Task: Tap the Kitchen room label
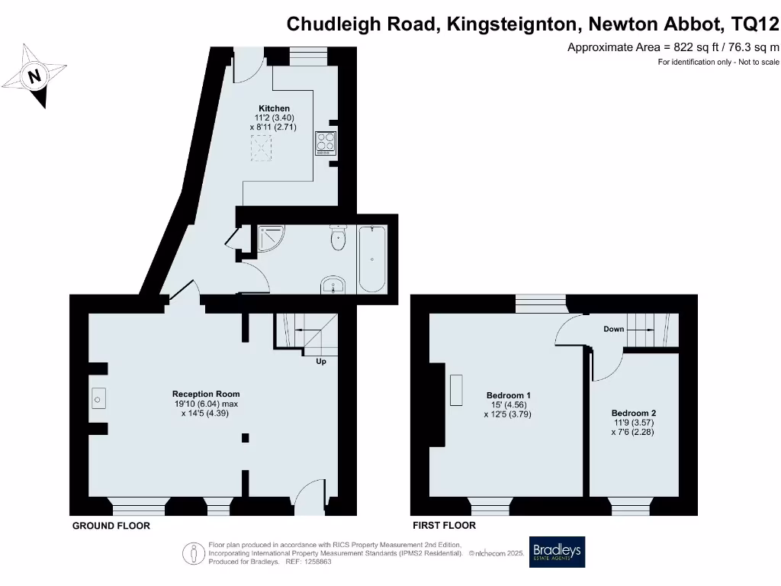coord(274,108)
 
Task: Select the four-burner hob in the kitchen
coord(326,143)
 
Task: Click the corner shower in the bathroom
coord(271,239)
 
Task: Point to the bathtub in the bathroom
coord(372,259)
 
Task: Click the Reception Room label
coord(206,394)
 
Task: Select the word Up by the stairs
coord(321,362)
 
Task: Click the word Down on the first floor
coord(613,330)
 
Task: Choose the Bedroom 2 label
coord(632,414)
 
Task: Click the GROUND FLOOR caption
coord(111,526)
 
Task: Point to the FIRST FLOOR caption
coord(444,526)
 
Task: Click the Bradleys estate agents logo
coord(557,552)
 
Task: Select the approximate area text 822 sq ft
coord(673,47)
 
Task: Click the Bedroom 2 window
coord(632,506)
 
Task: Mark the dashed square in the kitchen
coord(263,149)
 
